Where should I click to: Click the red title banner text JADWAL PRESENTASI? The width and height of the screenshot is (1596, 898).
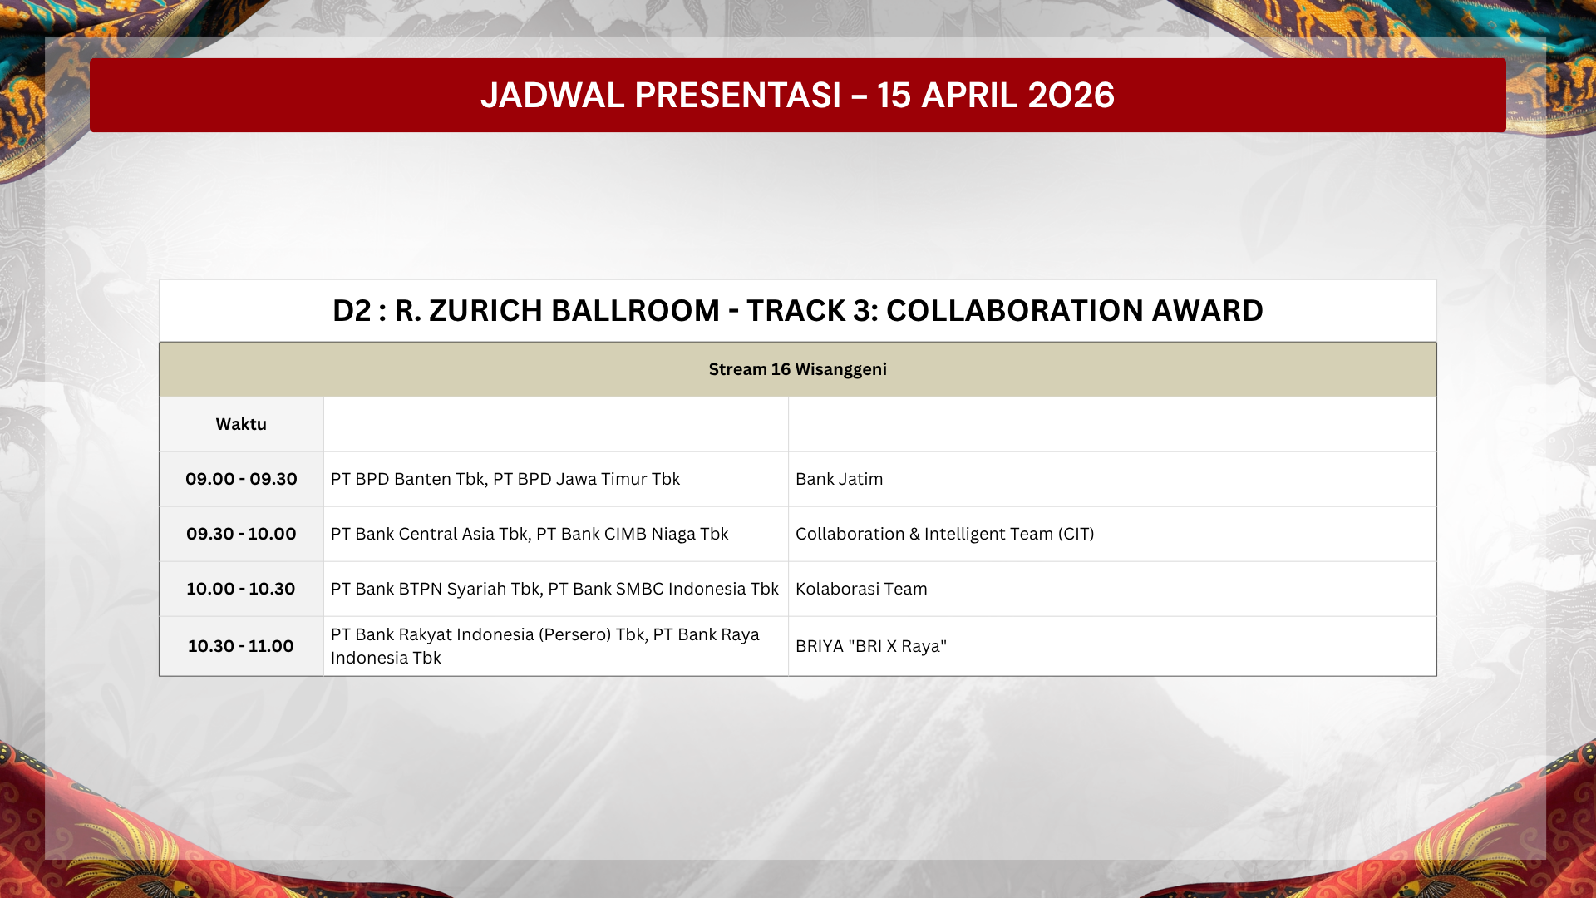point(661,96)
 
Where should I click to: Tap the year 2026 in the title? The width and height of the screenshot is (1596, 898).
point(1071,96)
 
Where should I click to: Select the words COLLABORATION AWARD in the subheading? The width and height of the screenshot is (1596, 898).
point(1075,311)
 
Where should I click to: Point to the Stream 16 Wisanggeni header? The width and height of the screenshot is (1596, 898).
point(798,369)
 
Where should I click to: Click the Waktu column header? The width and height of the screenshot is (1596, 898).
point(241,424)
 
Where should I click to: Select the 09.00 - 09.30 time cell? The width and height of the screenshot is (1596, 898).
point(241,479)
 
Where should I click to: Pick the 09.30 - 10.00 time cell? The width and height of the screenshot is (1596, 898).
point(241,534)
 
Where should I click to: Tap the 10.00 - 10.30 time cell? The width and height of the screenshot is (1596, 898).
point(241,589)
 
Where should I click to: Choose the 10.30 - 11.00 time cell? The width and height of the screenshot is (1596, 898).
point(241,646)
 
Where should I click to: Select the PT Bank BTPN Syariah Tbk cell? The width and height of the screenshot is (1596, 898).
point(554,589)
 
